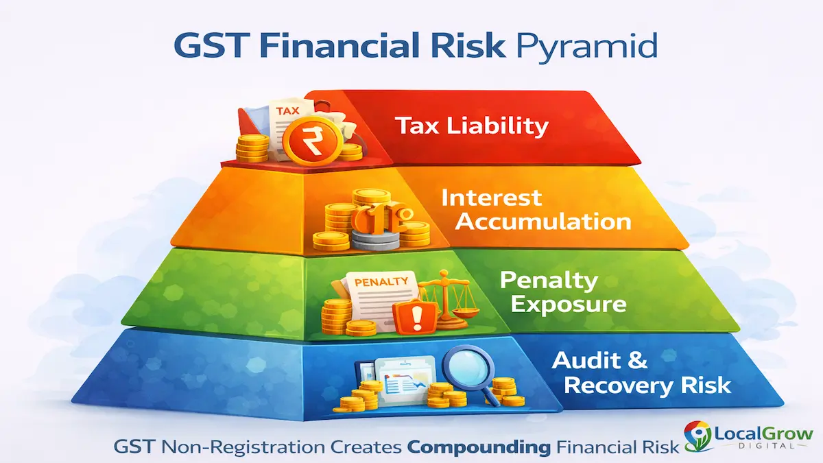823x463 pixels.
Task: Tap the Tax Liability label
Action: tap(471, 126)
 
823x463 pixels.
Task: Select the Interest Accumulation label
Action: tap(535, 209)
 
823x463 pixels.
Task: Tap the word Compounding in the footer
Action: tap(478, 447)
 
